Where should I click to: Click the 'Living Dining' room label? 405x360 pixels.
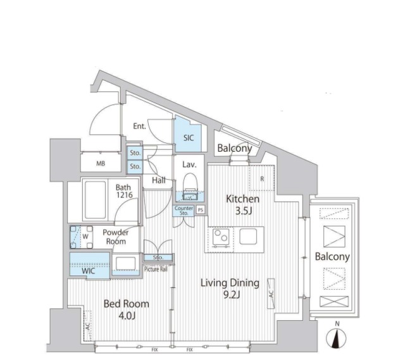tap(230, 283)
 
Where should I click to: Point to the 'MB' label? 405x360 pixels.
tap(100, 164)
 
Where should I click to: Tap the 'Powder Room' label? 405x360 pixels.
tap(116, 237)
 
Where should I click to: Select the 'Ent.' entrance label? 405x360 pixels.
tap(140, 126)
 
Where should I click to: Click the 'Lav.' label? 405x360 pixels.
tap(189, 164)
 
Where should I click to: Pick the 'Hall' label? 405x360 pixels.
tap(158, 181)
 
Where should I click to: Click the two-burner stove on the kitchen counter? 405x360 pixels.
tap(220, 237)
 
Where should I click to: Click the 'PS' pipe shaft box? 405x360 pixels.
tap(201, 209)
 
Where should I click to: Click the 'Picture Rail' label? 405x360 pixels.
tap(155, 269)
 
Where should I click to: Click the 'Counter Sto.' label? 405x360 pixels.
tap(184, 211)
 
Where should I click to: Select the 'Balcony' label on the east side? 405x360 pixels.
tap(332, 257)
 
